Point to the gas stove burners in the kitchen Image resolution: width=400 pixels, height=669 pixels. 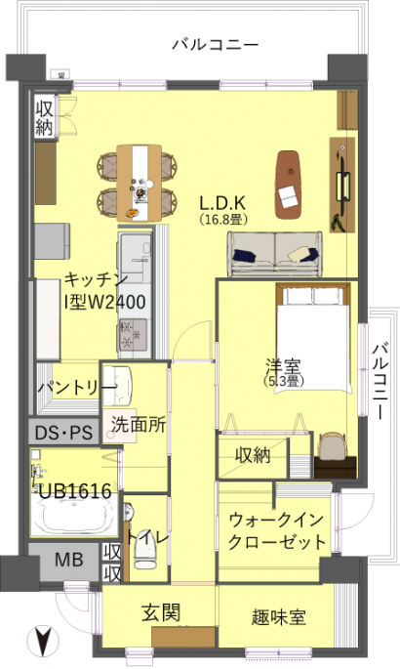click(134, 334)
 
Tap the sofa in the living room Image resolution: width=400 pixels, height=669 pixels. click(275, 254)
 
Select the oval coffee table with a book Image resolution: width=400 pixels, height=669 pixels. click(289, 184)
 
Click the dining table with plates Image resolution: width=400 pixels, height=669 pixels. click(140, 184)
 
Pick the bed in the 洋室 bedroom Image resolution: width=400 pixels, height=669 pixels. click(313, 336)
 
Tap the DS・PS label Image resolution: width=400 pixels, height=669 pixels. click(63, 433)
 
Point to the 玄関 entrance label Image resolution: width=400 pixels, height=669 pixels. click(161, 612)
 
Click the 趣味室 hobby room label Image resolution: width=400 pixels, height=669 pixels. click(279, 617)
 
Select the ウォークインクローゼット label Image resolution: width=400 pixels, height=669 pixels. click(277, 531)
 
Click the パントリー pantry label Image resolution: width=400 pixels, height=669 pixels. click(77, 388)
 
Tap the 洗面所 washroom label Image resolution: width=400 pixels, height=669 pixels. click(139, 425)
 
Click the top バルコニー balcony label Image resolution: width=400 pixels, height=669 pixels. click(216, 45)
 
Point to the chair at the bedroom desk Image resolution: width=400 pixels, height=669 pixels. click(333, 444)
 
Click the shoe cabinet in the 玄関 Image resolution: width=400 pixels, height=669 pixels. click(183, 637)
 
